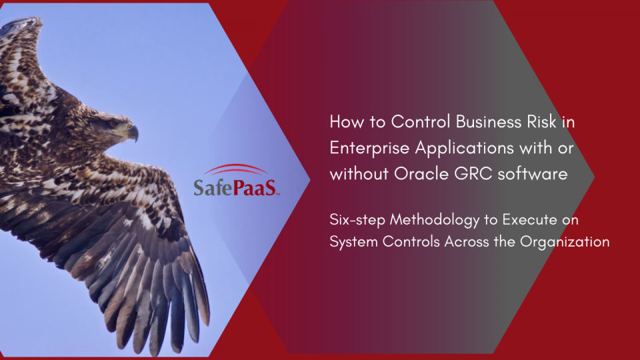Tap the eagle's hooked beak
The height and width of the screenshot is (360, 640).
133,133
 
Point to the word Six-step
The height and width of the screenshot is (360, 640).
357,219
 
